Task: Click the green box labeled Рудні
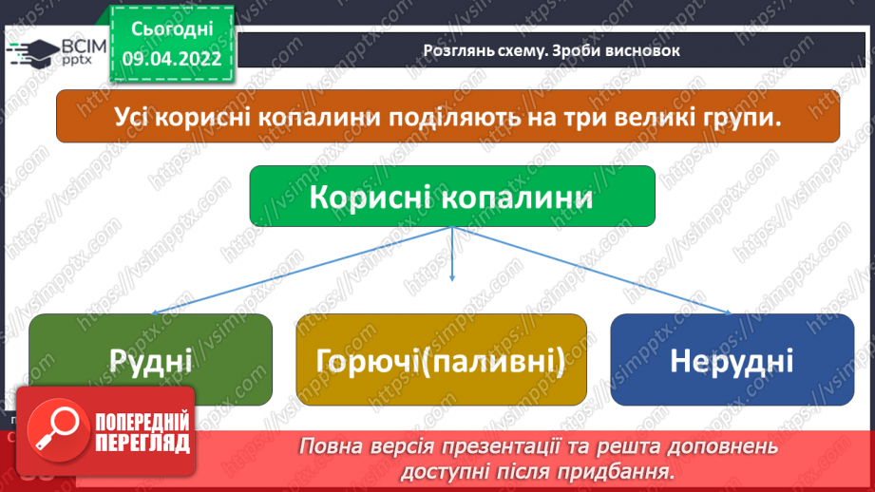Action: coord(150,361)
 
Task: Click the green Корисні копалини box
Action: coord(451,198)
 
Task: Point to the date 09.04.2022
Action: coord(172,57)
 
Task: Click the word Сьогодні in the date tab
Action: coord(172,29)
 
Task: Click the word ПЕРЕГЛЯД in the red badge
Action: coord(142,445)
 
